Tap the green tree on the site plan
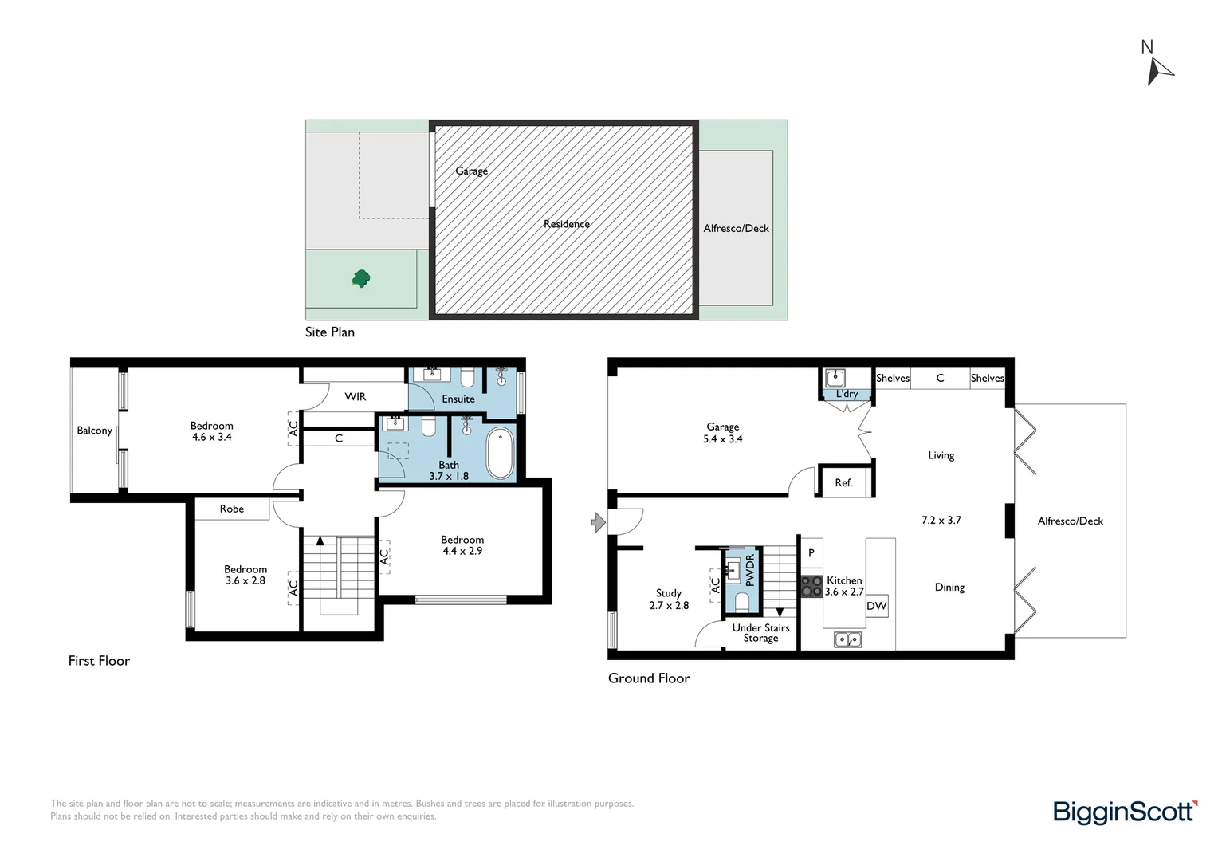(361, 278)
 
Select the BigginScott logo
(1125, 812)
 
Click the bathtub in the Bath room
(500, 453)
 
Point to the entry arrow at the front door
(598, 522)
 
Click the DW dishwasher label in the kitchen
(876, 606)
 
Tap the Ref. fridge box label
(843, 482)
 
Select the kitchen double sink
(847, 639)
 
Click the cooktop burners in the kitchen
(811, 587)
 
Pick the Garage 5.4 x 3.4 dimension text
(723, 439)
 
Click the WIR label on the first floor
(356, 396)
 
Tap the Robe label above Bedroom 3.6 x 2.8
(232, 509)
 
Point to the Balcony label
(94, 431)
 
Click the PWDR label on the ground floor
(749, 570)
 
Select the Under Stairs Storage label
(760, 633)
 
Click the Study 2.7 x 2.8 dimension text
(669, 605)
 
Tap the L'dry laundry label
(847, 394)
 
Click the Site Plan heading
(330, 332)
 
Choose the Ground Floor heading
(649, 678)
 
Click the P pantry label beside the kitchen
(811, 552)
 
